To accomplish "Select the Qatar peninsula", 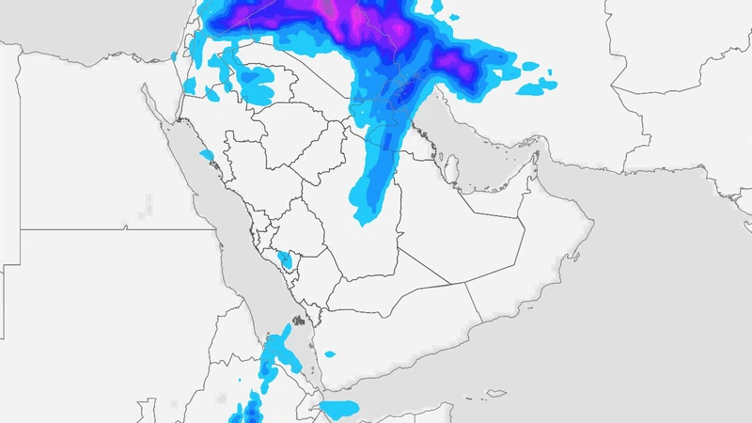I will pyautogui.click(x=449, y=168).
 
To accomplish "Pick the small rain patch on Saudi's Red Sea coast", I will pyautogui.click(x=207, y=153).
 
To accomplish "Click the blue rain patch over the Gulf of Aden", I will pyautogui.click(x=338, y=409).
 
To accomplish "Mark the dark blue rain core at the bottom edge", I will pyautogui.click(x=250, y=412).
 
